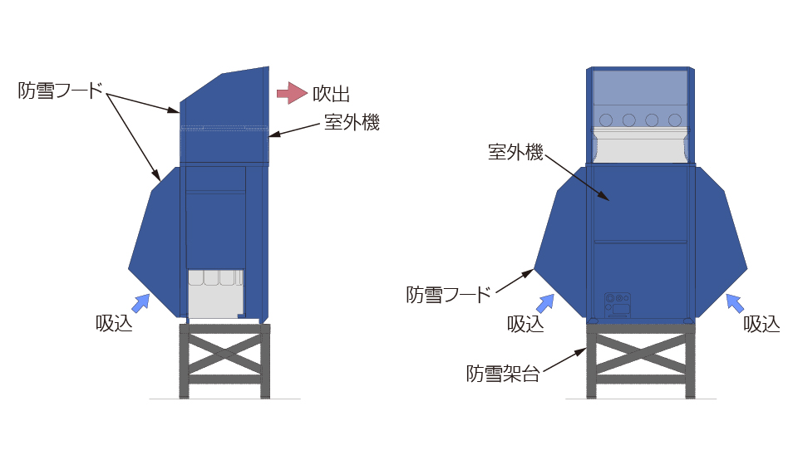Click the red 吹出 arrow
[x=292, y=93]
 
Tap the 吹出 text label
[x=331, y=94]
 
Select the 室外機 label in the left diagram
[x=352, y=122]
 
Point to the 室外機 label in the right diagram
[x=515, y=152]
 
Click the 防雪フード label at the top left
[x=60, y=91]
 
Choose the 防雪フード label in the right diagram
[x=448, y=294]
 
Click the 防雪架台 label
[x=503, y=374]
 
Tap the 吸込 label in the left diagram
[x=114, y=323]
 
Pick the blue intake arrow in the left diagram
[x=140, y=303]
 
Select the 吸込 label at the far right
[x=761, y=324]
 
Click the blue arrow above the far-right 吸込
[x=735, y=303]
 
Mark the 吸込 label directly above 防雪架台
[x=525, y=324]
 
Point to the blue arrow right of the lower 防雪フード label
[x=545, y=303]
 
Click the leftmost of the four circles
[x=606, y=120]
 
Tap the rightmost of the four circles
[x=675, y=120]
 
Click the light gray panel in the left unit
[x=216, y=294]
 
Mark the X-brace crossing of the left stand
[x=224, y=352]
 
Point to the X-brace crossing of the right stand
[x=641, y=352]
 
